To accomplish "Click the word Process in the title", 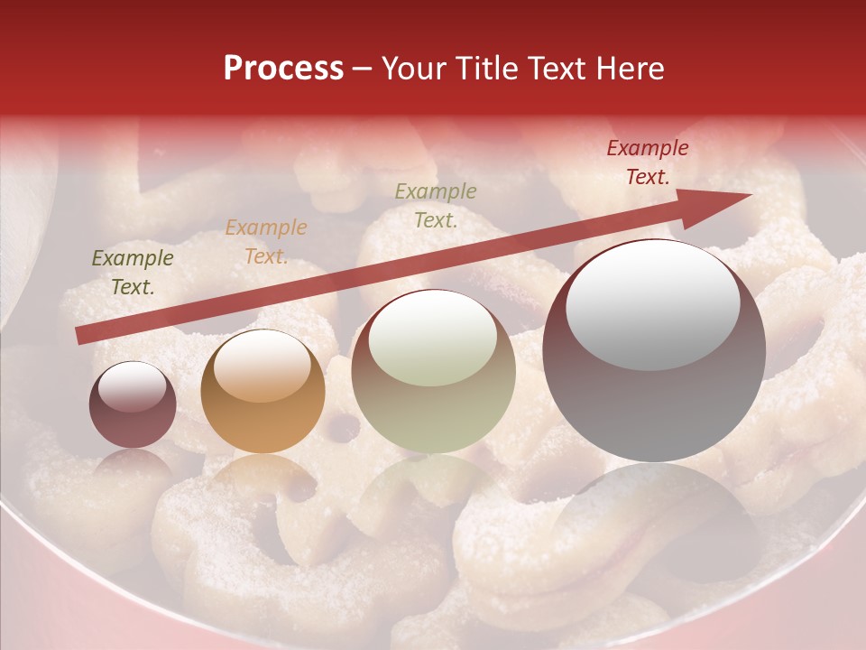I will click(x=283, y=68).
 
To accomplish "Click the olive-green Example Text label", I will click(x=133, y=273).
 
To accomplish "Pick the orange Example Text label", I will click(x=266, y=242).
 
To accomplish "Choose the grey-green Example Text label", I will click(x=436, y=206).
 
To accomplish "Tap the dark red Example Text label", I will click(x=647, y=162).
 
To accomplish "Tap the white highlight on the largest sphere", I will click(x=652, y=303).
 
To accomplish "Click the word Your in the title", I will click(x=412, y=68).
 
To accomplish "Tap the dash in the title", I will click(x=363, y=69).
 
